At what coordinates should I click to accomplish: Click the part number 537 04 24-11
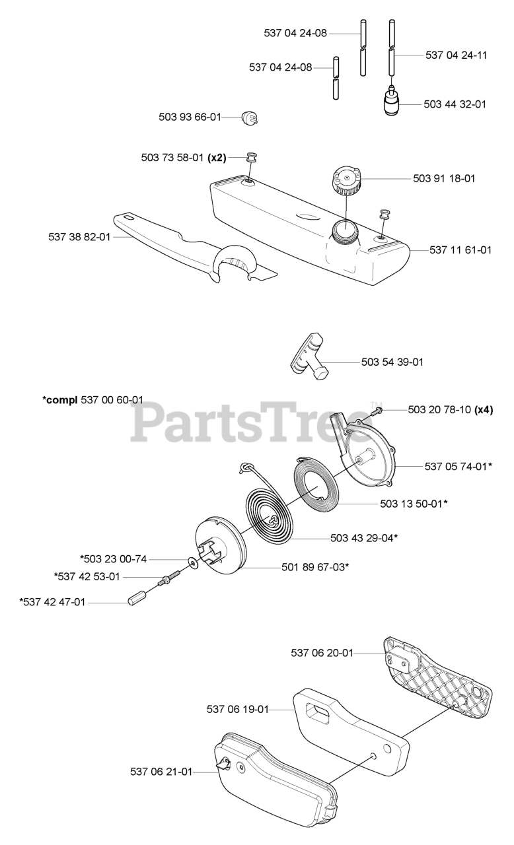tap(456, 55)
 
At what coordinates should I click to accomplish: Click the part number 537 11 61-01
tap(460, 250)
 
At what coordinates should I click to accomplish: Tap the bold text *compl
tap(60, 400)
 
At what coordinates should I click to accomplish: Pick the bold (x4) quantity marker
tap(484, 410)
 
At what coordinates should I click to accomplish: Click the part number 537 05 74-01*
tap(459, 467)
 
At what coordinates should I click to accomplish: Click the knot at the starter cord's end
tap(245, 467)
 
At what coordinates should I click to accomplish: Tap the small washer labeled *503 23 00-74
tap(194, 564)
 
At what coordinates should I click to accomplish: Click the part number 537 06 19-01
tap(238, 710)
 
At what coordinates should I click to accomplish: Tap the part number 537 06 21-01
tap(161, 772)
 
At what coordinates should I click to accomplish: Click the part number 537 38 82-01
tap(79, 237)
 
